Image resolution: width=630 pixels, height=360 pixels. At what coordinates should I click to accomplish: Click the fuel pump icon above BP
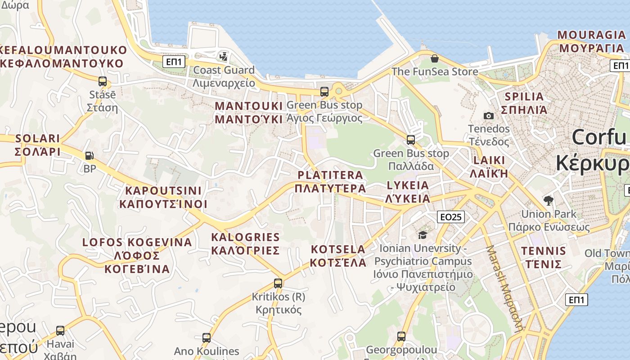pos(90,156)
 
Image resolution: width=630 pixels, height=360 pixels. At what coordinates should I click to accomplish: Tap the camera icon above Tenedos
pos(488,116)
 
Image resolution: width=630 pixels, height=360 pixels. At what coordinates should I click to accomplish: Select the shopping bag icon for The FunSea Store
pos(434,58)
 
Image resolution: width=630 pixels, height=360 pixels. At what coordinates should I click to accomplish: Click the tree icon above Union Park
pos(548,201)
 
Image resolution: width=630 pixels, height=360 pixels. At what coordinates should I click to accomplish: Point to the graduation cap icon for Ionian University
pos(423,235)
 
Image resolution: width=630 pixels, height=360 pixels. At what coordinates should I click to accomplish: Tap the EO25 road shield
pos(451,217)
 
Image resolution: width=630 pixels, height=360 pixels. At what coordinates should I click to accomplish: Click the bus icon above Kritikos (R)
pos(278,283)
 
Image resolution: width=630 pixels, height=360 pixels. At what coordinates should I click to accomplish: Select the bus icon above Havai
pos(60,331)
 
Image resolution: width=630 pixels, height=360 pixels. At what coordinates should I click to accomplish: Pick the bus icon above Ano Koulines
pos(207,337)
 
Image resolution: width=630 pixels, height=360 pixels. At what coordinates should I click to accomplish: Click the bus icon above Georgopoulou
pos(401,336)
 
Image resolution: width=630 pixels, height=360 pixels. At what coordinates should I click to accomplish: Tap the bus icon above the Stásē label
pos(103,81)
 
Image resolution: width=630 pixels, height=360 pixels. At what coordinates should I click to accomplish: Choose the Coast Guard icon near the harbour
pos(224,57)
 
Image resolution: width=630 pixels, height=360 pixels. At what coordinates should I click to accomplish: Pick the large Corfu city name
pos(598,137)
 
